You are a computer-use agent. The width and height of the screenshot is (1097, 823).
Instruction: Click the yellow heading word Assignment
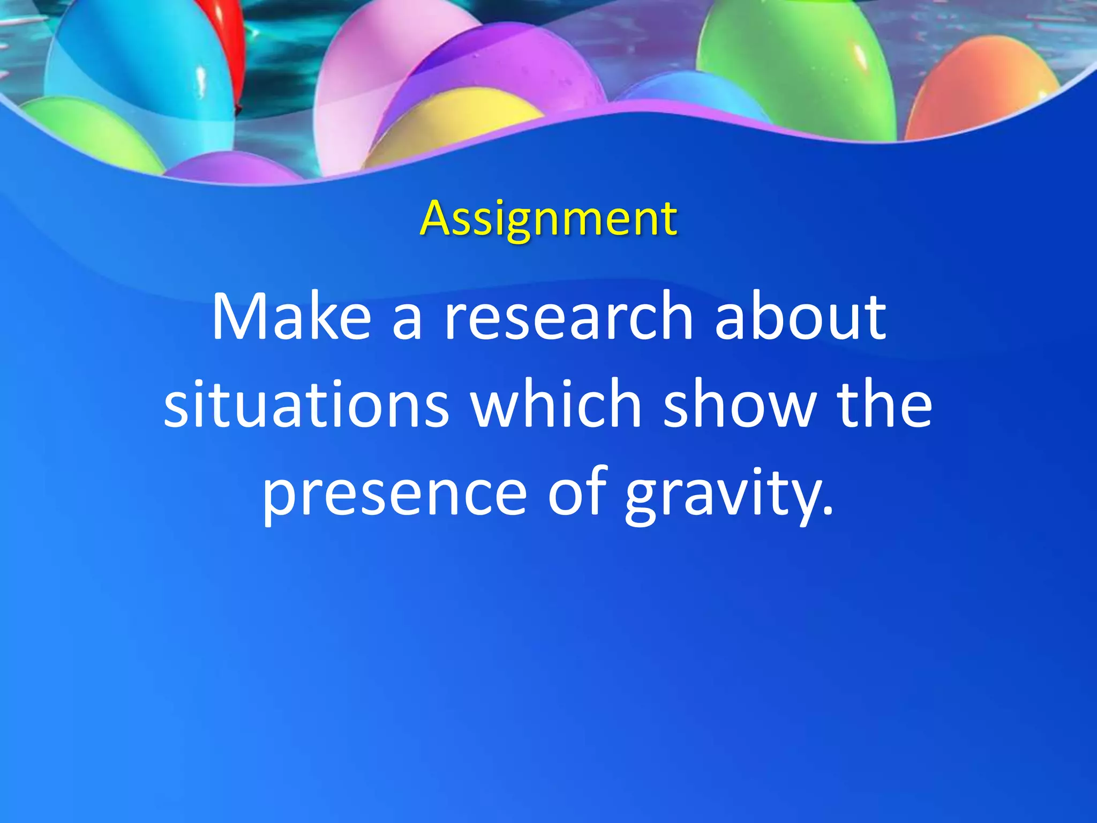[x=548, y=219]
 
